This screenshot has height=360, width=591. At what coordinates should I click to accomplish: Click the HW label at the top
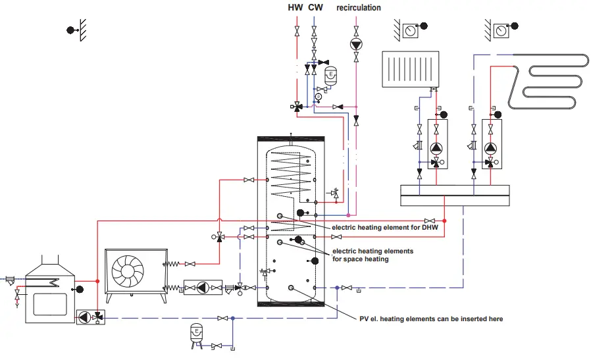click(296, 8)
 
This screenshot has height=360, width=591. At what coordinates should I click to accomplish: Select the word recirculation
click(359, 8)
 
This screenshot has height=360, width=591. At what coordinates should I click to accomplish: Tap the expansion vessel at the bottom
click(195, 331)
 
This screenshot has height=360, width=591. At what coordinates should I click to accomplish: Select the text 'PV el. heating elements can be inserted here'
click(431, 319)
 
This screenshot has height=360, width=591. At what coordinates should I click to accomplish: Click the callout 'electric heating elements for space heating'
click(373, 255)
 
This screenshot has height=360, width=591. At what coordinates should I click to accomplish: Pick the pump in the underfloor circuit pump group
click(491, 148)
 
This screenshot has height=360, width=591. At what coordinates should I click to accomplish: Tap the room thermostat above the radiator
click(411, 28)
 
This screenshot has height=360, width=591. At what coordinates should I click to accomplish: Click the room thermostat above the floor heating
click(501, 28)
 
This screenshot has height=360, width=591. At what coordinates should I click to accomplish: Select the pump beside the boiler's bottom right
click(85, 317)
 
